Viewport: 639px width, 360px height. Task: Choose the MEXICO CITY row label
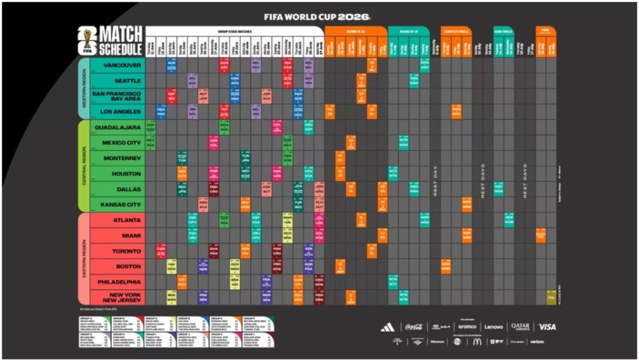point(122,143)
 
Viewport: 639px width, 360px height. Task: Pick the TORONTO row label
point(126,251)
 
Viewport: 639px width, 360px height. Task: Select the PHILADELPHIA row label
point(118,282)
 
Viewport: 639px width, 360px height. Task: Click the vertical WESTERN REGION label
point(84,89)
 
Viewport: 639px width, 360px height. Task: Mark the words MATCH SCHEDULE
point(120,41)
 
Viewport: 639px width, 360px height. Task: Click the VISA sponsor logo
point(547,327)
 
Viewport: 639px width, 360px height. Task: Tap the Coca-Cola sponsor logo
point(414,327)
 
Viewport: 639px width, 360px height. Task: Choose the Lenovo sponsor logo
point(494,327)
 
